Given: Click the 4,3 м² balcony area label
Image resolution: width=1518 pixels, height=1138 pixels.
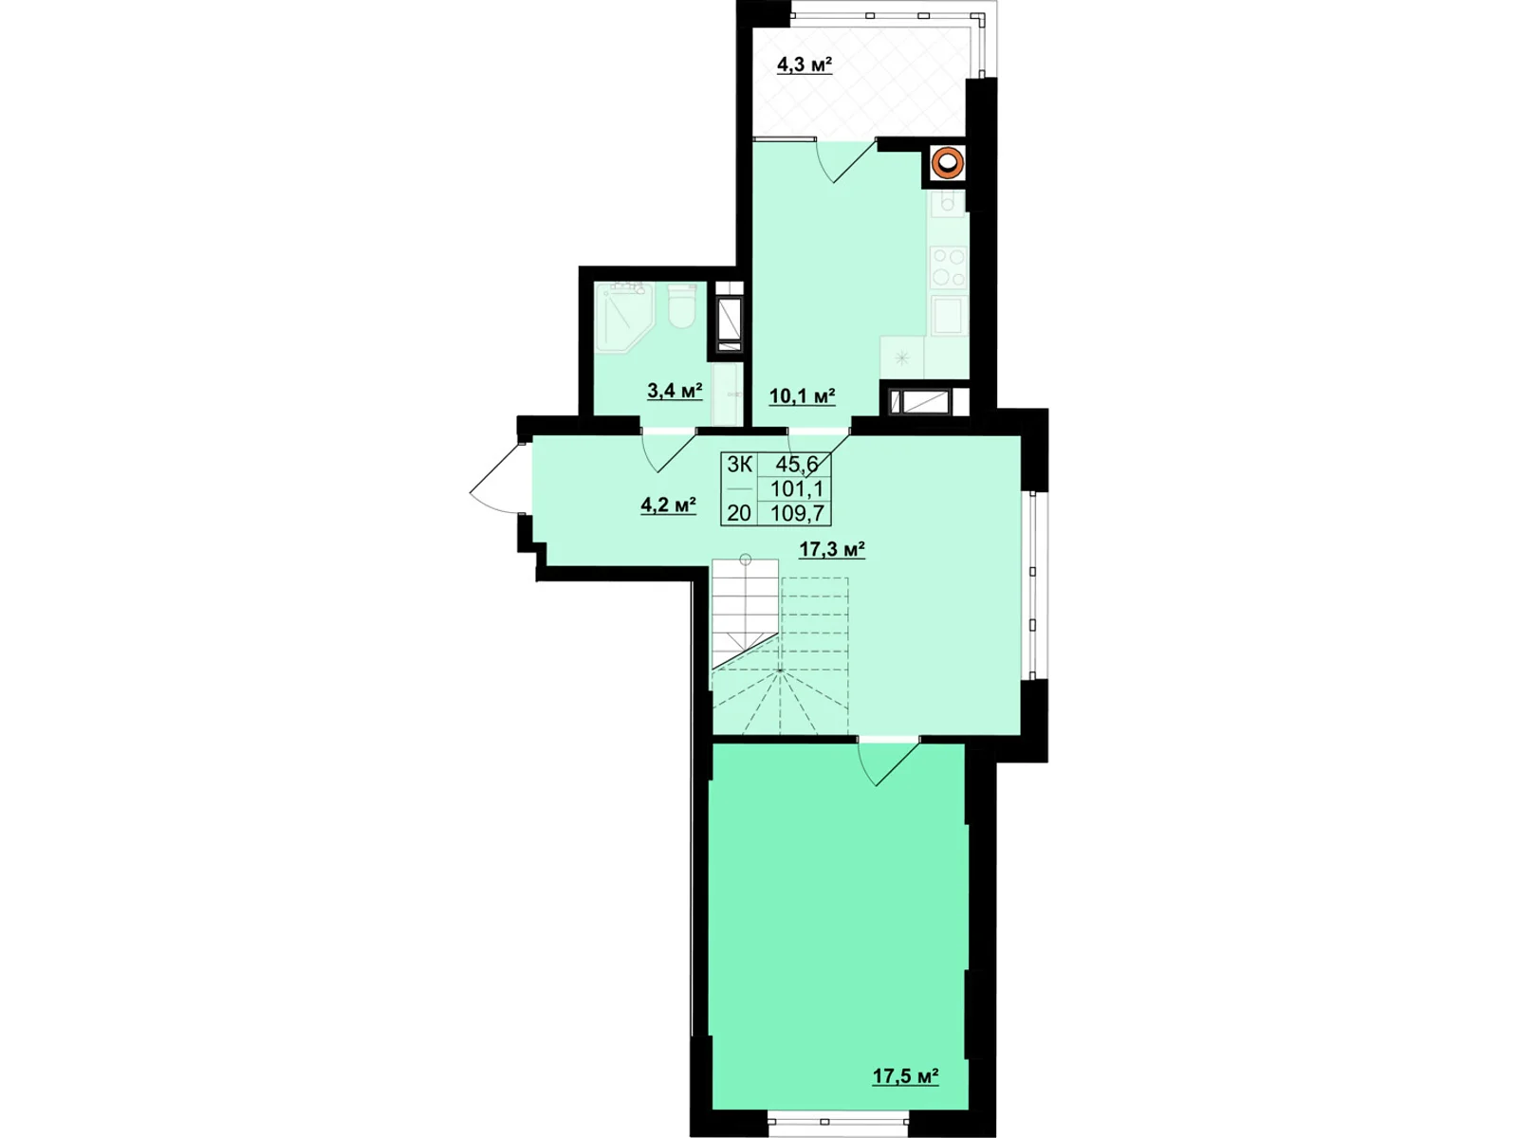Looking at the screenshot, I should click(805, 65).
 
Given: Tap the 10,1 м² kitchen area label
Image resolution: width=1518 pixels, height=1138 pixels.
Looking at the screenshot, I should click(802, 396).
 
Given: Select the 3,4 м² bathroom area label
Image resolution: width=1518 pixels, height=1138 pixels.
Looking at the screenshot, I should click(675, 391).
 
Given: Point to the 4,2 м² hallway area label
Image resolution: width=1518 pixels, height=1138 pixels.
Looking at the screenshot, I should click(669, 505).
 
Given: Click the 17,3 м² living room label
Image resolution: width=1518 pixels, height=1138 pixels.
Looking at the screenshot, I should click(832, 550).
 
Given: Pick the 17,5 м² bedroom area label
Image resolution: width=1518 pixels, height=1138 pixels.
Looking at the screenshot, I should click(905, 1076).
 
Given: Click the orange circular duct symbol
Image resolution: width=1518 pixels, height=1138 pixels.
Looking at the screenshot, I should click(947, 163).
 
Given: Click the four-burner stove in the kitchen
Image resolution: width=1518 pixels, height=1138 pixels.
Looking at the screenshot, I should click(948, 266).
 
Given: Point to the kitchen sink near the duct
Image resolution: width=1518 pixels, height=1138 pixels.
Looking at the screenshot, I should click(947, 202).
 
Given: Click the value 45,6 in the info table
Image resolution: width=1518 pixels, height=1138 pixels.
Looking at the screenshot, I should click(796, 465).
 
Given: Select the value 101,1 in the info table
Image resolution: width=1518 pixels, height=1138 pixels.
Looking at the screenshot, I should click(796, 489).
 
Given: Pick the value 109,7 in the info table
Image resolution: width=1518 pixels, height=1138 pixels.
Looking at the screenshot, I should click(796, 514).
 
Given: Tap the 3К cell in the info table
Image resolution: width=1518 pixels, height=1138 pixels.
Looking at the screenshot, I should click(739, 465).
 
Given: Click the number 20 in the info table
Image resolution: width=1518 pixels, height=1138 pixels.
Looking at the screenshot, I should click(739, 514).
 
